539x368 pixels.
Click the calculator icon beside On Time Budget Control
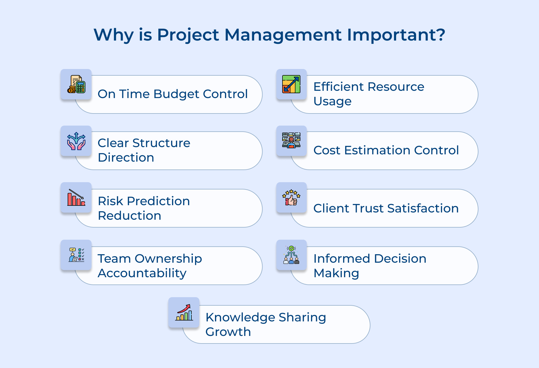(x=76, y=84)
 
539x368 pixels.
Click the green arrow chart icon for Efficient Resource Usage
(x=291, y=84)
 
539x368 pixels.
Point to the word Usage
(x=332, y=101)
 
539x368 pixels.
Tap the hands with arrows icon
(x=76, y=141)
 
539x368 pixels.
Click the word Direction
(x=126, y=158)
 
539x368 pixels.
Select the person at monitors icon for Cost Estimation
(x=291, y=140)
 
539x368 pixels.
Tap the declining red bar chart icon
(x=76, y=198)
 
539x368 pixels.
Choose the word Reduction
(x=130, y=216)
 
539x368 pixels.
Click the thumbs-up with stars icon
(x=291, y=198)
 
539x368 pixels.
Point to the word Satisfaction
(x=423, y=209)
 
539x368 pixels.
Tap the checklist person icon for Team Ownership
(x=76, y=255)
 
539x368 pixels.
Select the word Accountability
(x=142, y=273)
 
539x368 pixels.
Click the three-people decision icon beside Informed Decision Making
(x=291, y=255)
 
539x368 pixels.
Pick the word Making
(x=336, y=273)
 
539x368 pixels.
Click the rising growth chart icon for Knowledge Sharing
(x=184, y=313)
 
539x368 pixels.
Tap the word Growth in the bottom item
(x=228, y=332)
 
